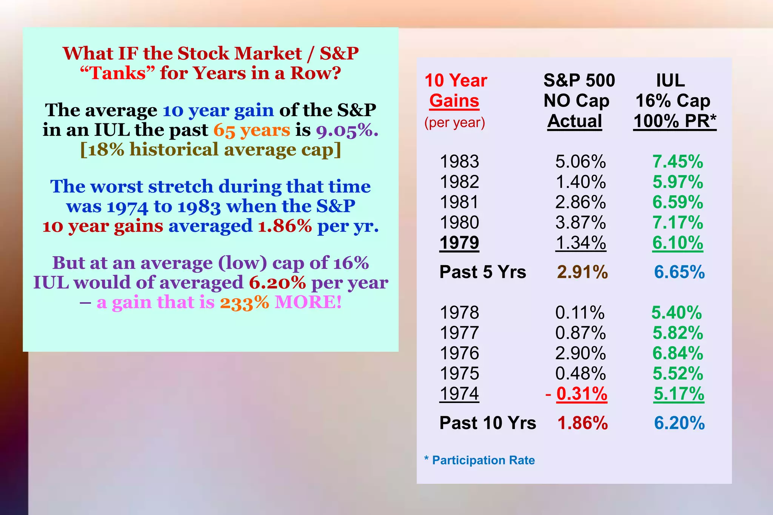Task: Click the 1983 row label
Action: coord(459,162)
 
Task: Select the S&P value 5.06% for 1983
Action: coord(581,162)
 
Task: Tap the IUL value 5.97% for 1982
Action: coord(678,182)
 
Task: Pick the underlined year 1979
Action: coord(459,243)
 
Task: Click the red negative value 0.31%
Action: coord(582,394)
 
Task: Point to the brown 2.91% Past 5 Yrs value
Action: coord(582,272)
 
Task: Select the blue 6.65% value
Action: coord(679,272)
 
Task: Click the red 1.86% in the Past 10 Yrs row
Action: coord(582,423)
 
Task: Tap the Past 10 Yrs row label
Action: coord(488,423)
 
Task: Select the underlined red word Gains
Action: coord(454,101)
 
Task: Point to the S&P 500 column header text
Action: coord(579,81)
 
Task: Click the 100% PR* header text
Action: coord(674,121)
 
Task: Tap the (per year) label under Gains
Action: coord(454,123)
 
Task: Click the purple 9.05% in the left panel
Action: coord(347,130)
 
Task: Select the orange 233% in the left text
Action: coord(244,303)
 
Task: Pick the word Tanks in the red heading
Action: coord(118,73)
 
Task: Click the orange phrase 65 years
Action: coord(252,130)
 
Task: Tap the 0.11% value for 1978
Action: coord(580,313)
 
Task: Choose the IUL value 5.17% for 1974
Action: coord(679,394)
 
